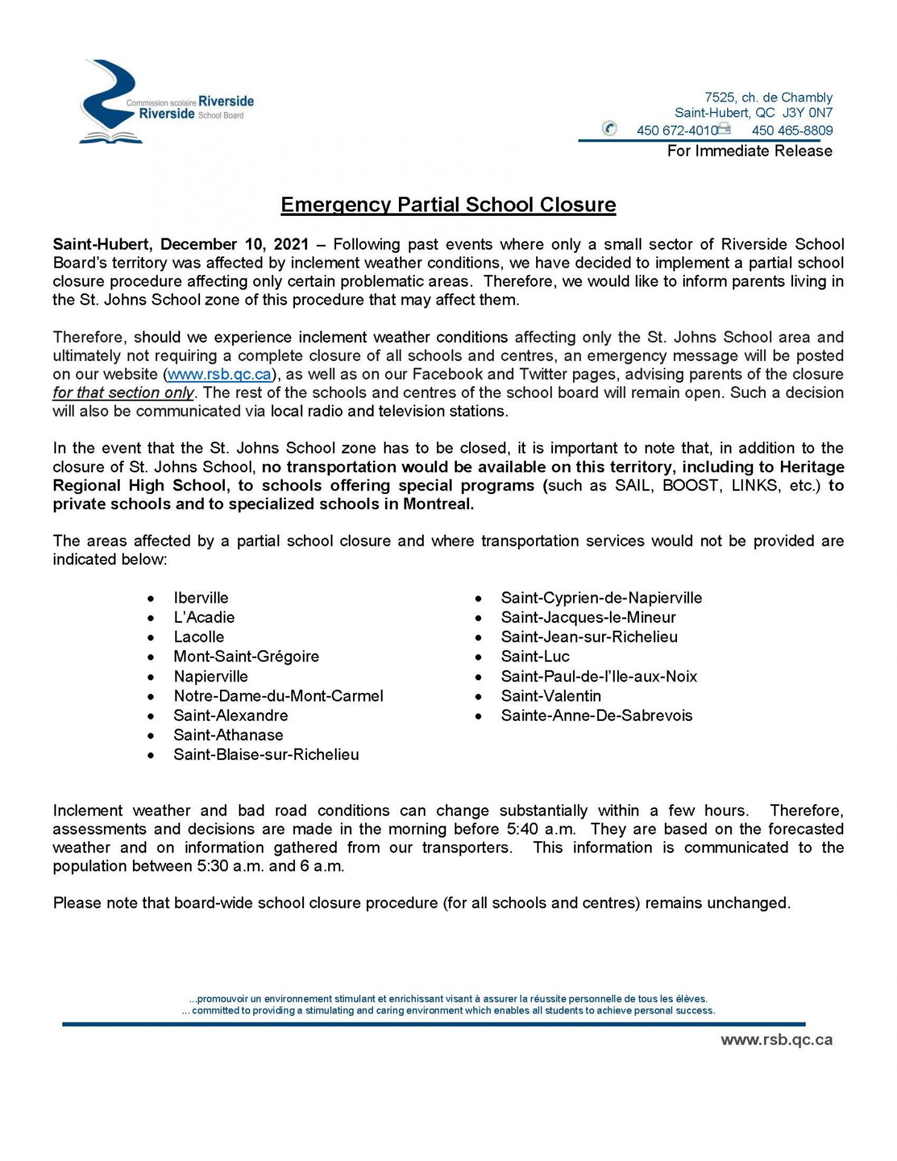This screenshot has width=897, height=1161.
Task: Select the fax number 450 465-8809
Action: [x=792, y=131]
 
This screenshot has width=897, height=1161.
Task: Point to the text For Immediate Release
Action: [x=750, y=151]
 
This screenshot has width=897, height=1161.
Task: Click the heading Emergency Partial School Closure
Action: [x=448, y=205]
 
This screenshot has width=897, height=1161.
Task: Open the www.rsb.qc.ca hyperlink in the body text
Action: [x=219, y=374]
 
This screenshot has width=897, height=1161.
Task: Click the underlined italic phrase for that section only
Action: [x=123, y=393]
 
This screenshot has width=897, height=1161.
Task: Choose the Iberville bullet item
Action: [x=201, y=598]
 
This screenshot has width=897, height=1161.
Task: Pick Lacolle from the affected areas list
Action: [x=199, y=637]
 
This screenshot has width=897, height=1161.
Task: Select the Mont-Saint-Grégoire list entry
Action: [x=246, y=657]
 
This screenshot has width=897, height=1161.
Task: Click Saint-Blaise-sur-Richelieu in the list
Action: [x=266, y=755]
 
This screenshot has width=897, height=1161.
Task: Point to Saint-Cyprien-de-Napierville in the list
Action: [x=601, y=598]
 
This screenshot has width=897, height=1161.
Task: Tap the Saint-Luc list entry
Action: [x=535, y=657]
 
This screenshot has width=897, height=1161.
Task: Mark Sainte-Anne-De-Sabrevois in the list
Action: [x=597, y=716]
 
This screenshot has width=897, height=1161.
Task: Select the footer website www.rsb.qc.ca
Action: [x=776, y=1040]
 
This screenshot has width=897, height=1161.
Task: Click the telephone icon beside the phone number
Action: [x=609, y=129]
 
